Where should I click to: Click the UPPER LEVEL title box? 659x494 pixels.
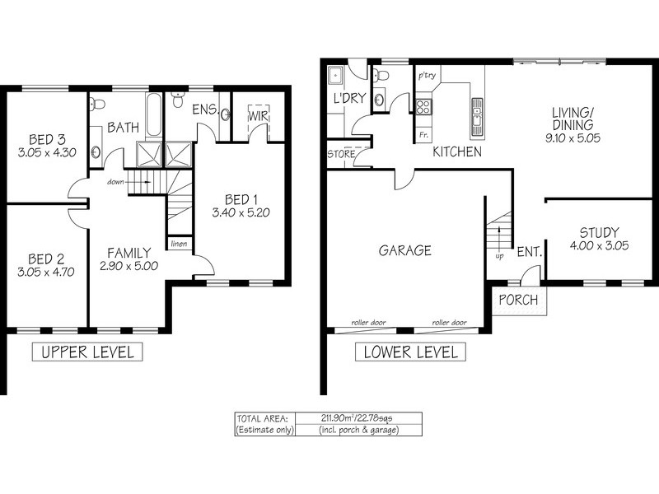pyautogui.click(x=87, y=352)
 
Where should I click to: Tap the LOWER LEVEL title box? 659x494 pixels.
pyautogui.click(x=410, y=352)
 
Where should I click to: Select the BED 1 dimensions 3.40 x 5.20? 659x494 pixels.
pyautogui.click(x=241, y=212)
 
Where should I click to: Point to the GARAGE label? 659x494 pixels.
pyautogui.click(x=405, y=251)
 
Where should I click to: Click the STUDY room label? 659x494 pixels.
pyautogui.click(x=600, y=232)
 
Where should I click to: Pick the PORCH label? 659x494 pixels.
pyautogui.click(x=518, y=300)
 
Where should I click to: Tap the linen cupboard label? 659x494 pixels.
pyautogui.click(x=179, y=244)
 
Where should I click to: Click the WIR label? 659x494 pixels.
pyautogui.click(x=258, y=116)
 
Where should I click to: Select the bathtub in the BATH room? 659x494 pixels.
pyautogui.click(x=153, y=114)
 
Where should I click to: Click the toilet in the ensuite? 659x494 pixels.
pyautogui.click(x=178, y=100)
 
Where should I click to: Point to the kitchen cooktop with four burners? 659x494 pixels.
pyautogui.click(x=423, y=107)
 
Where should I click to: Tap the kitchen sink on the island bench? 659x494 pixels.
pyautogui.click(x=477, y=117)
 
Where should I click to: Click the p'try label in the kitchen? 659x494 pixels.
pyautogui.click(x=427, y=76)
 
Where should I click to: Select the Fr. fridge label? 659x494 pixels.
pyautogui.click(x=423, y=135)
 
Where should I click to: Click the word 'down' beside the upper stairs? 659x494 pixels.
pyautogui.click(x=115, y=182)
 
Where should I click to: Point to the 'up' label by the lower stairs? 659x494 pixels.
pyautogui.click(x=499, y=256)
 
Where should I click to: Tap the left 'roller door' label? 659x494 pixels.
pyautogui.click(x=368, y=323)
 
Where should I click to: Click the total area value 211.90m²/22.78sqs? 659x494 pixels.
pyautogui.click(x=357, y=418)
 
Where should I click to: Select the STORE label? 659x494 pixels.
pyautogui.click(x=341, y=154)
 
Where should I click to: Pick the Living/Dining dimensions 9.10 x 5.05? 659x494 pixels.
pyautogui.click(x=573, y=137)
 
